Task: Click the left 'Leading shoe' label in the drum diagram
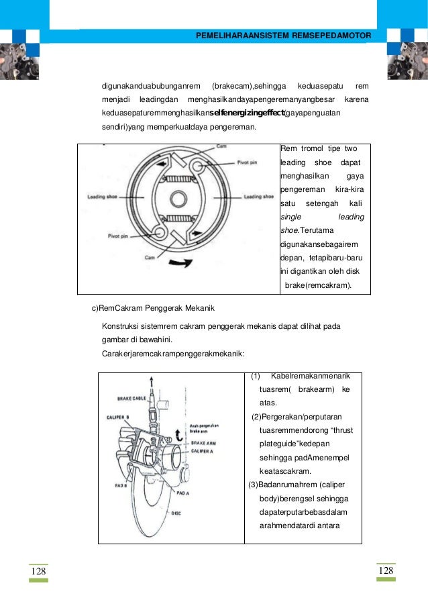[x=103, y=197]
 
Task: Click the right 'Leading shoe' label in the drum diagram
[x=258, y=197]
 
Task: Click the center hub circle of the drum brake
[x=178, y=199]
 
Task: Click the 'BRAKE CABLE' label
[x=131, y=399]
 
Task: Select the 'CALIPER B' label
[x=119, y=417]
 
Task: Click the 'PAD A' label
[x=185, y=492]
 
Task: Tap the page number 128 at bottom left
[x=38, y=570]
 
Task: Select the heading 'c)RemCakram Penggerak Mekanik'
[x=152, y=309]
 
